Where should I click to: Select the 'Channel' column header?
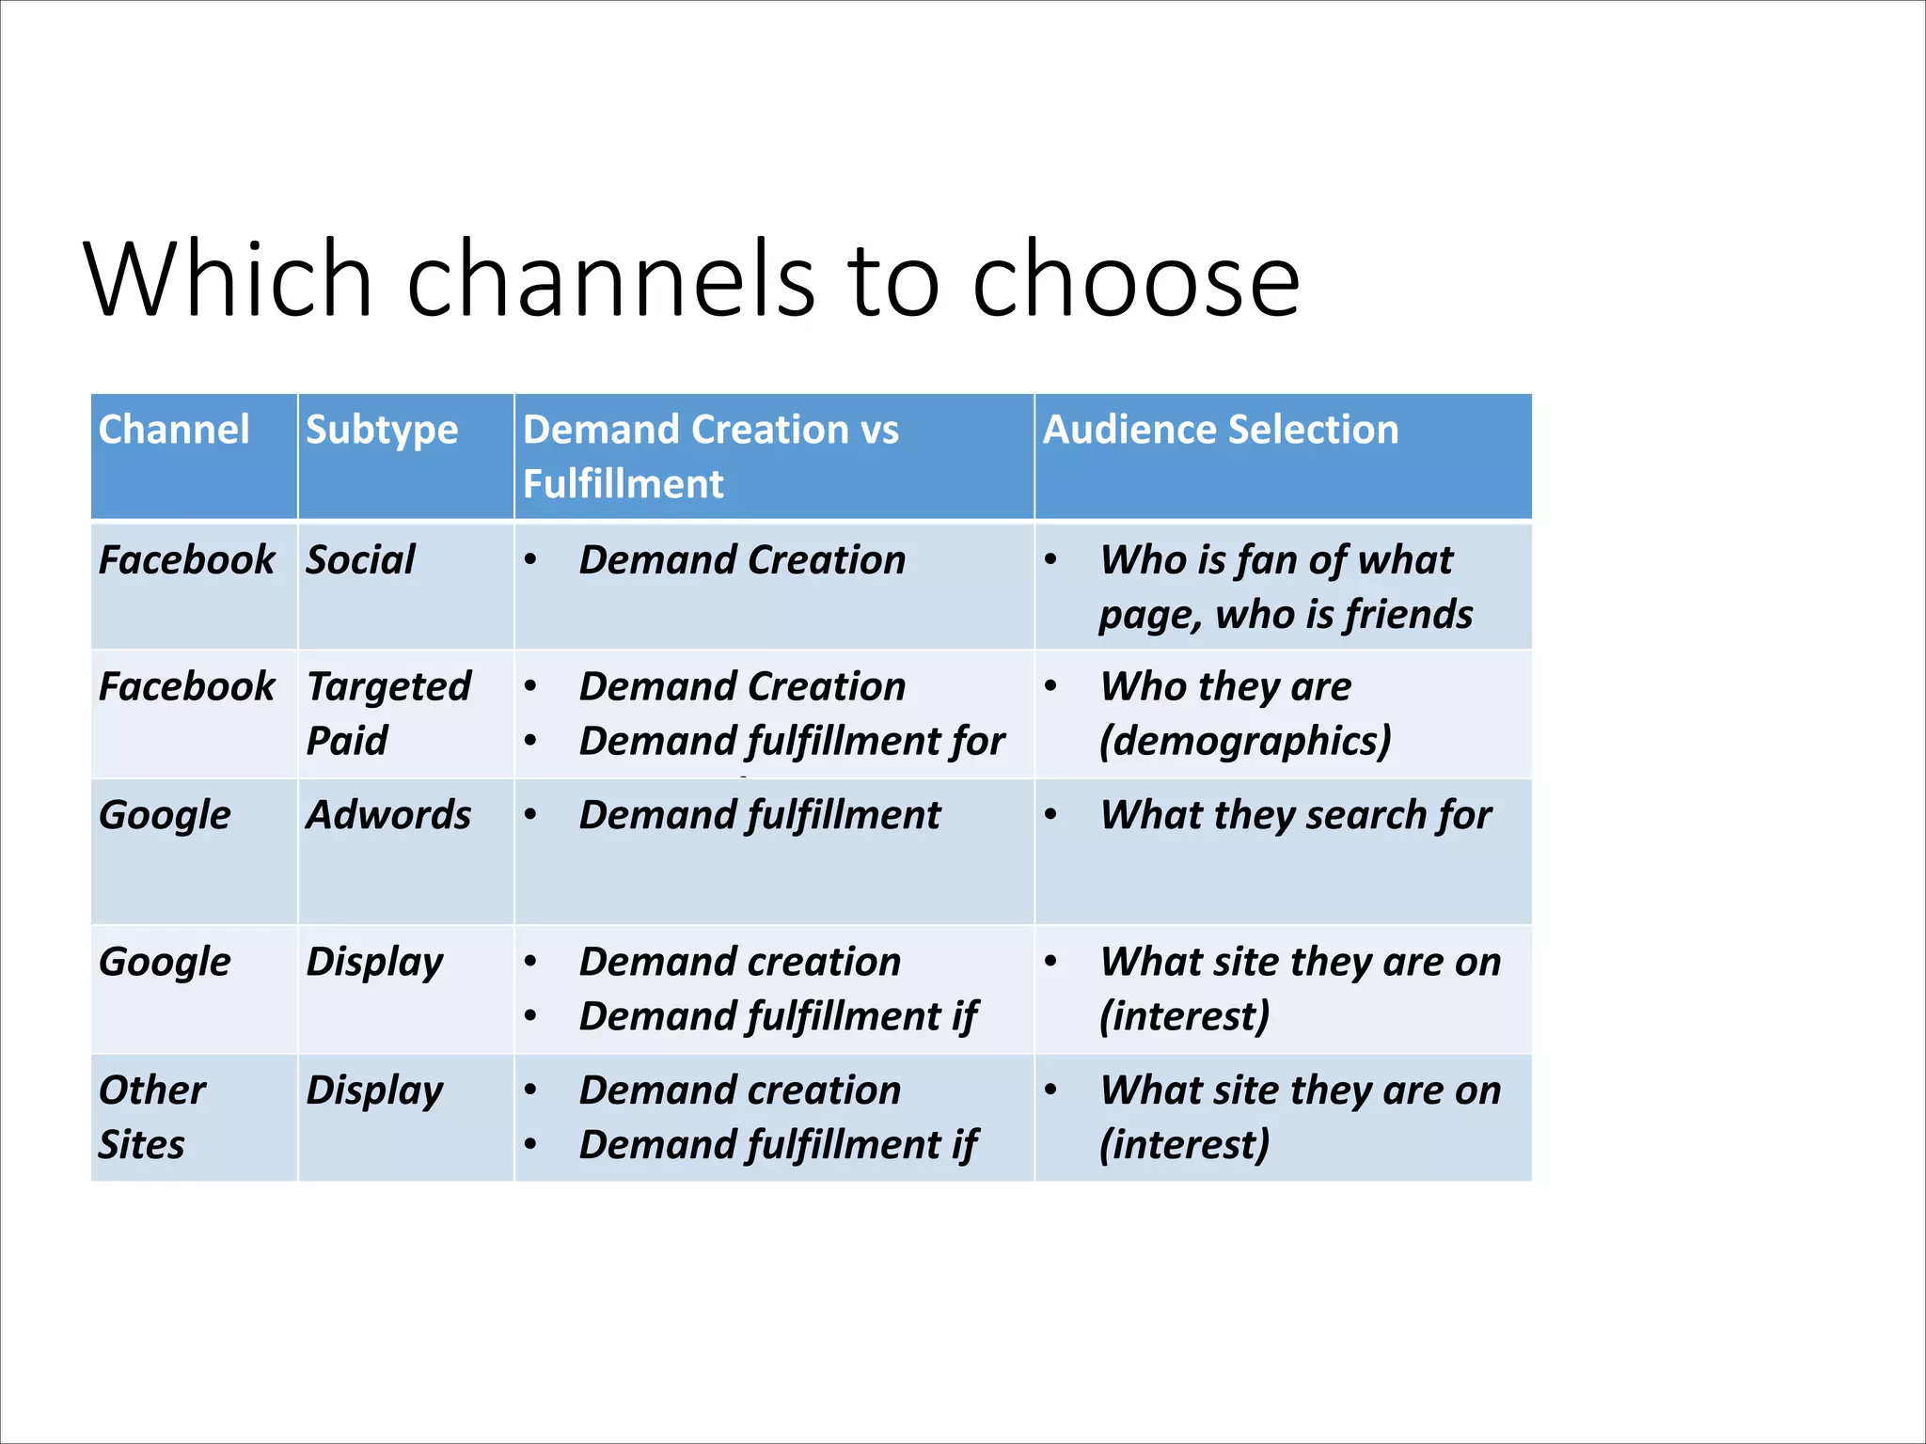click(174, 430)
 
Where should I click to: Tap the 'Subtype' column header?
click(382, 430)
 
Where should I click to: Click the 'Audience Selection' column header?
click(1221, 430)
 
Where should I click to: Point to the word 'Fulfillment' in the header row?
click(623, 484)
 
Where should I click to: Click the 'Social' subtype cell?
click(360, 560)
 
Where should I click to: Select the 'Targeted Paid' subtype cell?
click(387, 713)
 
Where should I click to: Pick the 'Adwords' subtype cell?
click(388, 815)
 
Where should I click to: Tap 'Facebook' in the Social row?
click(186, 560)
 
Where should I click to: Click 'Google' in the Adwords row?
click(165, 815)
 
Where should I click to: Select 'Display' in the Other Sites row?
click(374, 1091)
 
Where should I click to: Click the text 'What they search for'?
click(1295, 815)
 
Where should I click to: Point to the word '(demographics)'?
click(1244, 741)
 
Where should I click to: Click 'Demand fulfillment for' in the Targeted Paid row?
click(791, 741)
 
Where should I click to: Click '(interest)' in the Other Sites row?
click(1184, 1145)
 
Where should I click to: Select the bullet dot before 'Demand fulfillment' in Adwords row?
click(531, 815)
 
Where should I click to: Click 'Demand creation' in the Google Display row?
click(740, 962)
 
